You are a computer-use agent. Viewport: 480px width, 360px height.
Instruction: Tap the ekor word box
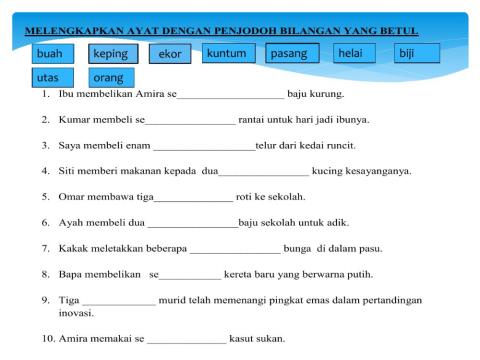(x=170, y=54)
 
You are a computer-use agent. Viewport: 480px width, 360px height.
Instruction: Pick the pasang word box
(x=292, y=52)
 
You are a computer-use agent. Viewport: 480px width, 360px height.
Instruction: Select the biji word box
(x=412, y=52)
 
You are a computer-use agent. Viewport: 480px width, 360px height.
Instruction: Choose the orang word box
(x=114, y=77)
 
